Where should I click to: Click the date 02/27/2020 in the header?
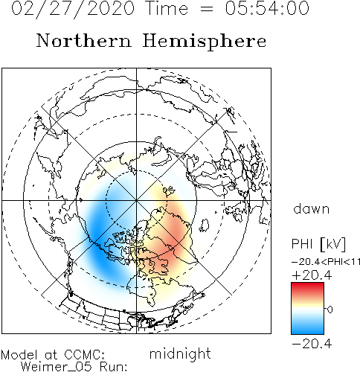point(73,9)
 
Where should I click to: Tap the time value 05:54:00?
point(267,8)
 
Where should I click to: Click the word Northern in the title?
point(83,40)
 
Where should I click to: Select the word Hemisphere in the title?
point(205,42)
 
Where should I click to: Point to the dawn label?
point(312,209)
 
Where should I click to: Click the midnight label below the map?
point(180,353)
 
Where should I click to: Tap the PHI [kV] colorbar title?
point(318,244)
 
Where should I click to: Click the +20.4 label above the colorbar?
point(312,275)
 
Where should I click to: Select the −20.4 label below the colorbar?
point(312,344)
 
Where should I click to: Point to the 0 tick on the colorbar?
point(330,310)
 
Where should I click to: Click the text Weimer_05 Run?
point(74,367)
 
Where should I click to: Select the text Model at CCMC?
point(53,355)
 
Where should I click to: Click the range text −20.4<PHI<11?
point(326,262)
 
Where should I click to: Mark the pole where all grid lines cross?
point(136,200)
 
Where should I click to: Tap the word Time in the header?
point(167,8)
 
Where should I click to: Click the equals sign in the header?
point(206,10)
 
